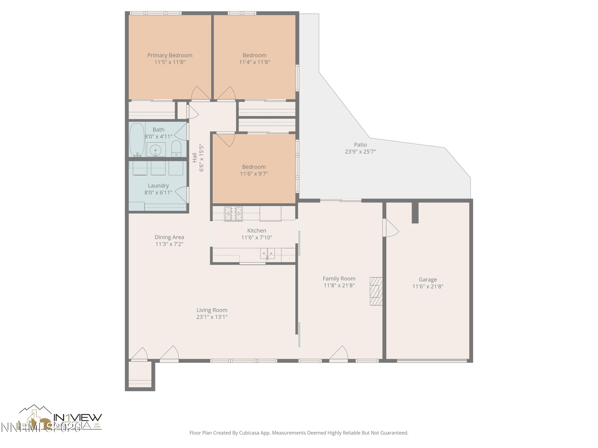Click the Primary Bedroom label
click(x=170, y=55)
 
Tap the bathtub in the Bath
click(x=137, y=140)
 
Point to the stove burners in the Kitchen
click(x=233, y=213)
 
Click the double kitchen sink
click(x=267, y=254)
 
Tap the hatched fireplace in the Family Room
click(x=376, y=291)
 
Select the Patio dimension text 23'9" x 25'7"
click(x=360, y=152)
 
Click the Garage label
click(x=428, y=280)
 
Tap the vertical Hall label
click(x=195, y=158)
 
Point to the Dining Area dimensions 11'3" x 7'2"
click(x=169, y=244)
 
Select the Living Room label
click(x=212, y=310)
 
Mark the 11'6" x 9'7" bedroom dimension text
click(x=254, y=174)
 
